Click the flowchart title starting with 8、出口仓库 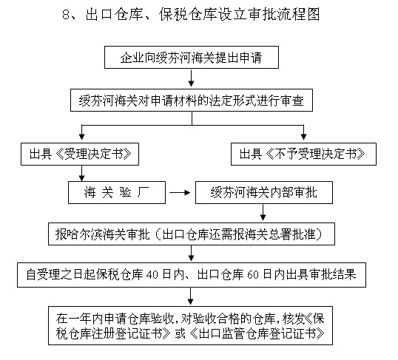point(196,14)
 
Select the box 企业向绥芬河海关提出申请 point(192,57)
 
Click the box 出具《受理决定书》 point(81,154)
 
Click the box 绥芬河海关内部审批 point(263,194)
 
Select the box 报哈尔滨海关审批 point(192,234)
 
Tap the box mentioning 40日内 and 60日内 point(192,275)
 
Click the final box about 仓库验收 point(192,325)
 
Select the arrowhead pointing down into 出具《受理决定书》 point(78,138)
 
